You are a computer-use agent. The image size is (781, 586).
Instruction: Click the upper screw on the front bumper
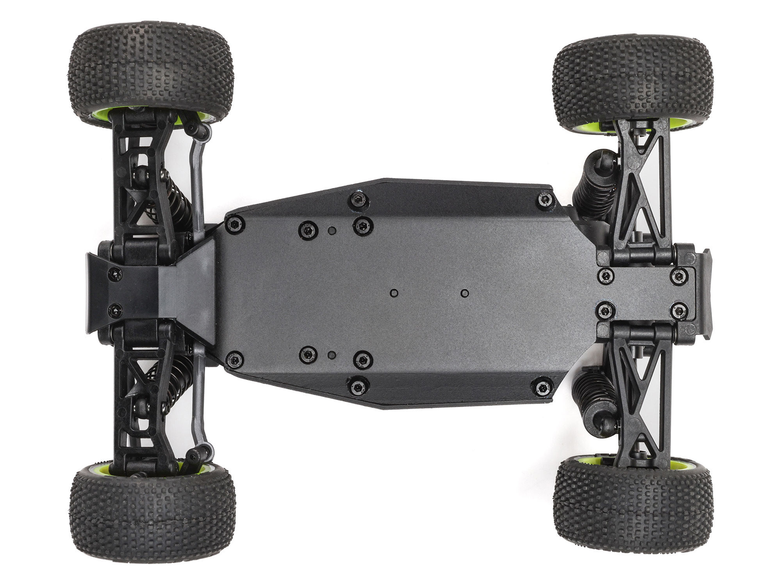point(114,274)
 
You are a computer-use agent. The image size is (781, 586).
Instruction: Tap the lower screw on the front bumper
point(114,311)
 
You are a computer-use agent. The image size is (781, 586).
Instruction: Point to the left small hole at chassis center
point(394,293)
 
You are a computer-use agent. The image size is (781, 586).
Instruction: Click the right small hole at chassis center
point(464,293)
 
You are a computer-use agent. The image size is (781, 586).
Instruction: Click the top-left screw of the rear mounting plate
point(606,276)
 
